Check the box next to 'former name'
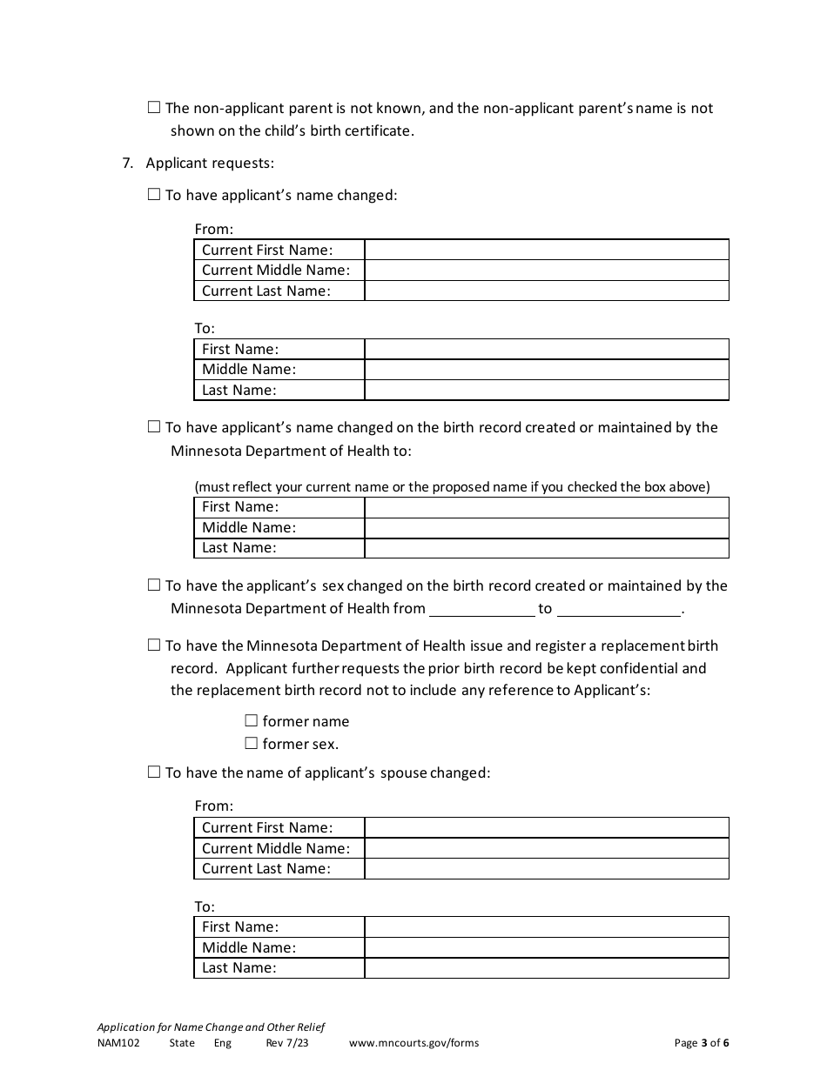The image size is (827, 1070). [252, 721]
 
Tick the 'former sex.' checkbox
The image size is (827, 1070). [252, 744]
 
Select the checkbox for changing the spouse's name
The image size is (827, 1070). [154, 772]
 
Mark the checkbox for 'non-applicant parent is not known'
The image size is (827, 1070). [154, 108]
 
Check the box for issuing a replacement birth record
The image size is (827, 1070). [154, 645]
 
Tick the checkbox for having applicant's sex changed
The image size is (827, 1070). [154, 585]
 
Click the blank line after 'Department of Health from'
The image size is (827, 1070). [482, 609]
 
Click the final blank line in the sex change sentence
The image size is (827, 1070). [618, 609]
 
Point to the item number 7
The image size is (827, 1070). [127, 163]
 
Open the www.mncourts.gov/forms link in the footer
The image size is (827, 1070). [413, 1043]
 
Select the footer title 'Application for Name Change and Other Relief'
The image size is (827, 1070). [211, 1027]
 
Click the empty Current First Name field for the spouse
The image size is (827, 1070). [546, 827]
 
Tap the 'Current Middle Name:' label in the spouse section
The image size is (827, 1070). [276, 848]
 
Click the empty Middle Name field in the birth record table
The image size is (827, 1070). [546, 527]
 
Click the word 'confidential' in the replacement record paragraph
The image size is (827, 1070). [626, 668]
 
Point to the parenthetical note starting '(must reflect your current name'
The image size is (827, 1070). [452, 487]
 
